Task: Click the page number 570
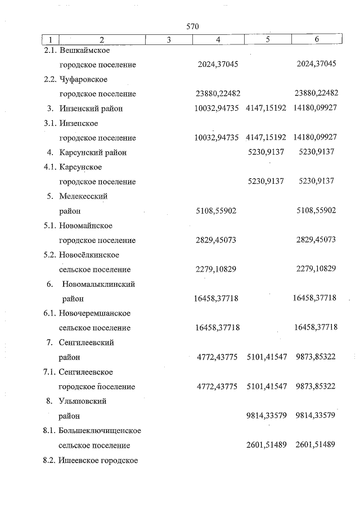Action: tap(192, 26)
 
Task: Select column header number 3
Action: tap(169, 39)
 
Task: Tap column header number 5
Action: tap(267, 39)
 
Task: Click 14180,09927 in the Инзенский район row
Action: tap(315, 109)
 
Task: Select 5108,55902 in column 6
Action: tap(316, 211)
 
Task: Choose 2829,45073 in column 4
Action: tap(217, 240)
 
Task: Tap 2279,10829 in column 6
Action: tap(316, 269)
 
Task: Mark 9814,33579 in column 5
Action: tap(267, 416)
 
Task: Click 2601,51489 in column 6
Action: tap(316, 445)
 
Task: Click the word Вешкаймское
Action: tap(84, 51)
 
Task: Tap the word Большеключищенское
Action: tap(100, 431)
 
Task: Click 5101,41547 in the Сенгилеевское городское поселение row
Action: tap(267, 387)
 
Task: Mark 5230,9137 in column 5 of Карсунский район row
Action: tap(266, 152)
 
